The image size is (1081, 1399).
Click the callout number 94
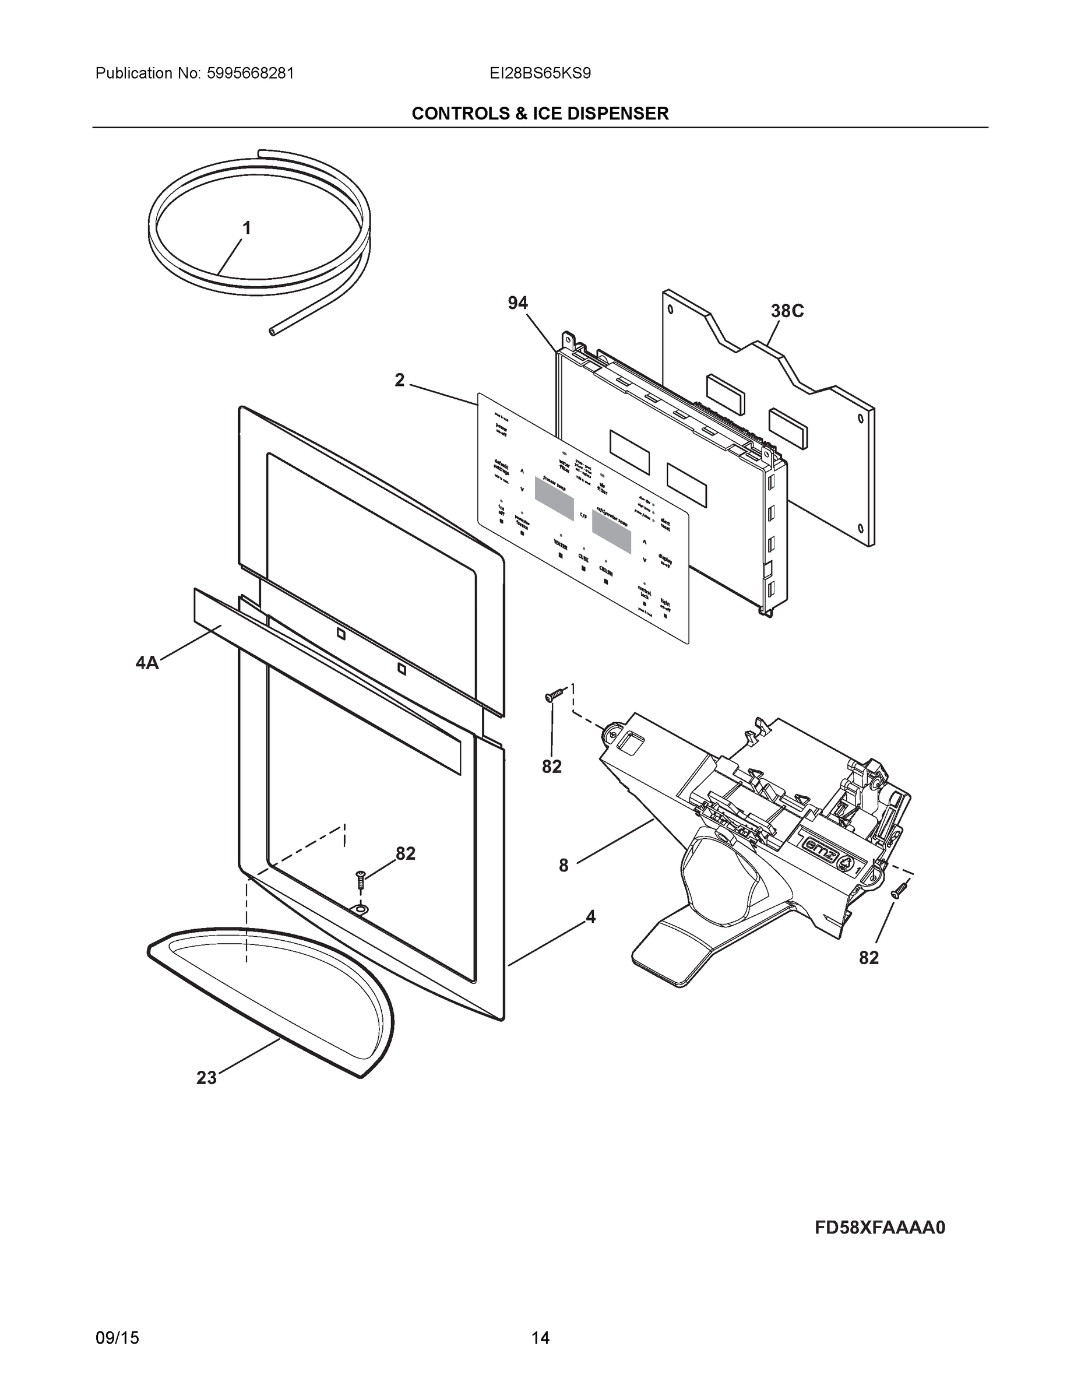point(517,303)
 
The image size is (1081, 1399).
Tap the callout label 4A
point(147,662)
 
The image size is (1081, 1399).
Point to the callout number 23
point(206,1078)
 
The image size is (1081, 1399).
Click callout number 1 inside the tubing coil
point(246,228)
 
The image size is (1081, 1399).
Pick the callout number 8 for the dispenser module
point(563,866)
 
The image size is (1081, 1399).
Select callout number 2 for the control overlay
point(400,381)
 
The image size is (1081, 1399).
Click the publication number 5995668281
point(251,73)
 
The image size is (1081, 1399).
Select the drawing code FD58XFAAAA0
point(880,1227)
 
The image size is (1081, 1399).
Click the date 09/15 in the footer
point(117,1338)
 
